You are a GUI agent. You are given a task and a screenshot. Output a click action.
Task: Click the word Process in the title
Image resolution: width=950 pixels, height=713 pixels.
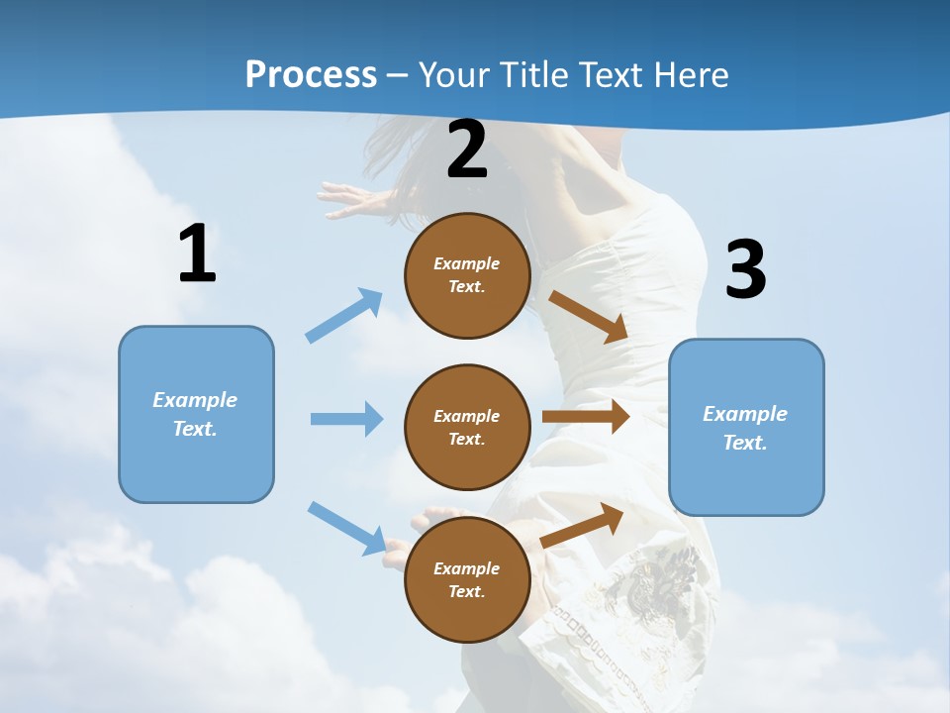tap(311, 75)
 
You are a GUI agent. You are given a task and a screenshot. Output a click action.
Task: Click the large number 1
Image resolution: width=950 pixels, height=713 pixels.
tap(197, 255)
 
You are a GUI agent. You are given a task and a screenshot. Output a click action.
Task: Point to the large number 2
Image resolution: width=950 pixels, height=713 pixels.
tap(467, 151)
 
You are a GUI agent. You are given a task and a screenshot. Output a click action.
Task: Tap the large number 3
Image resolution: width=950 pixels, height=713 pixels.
tap(745, 269)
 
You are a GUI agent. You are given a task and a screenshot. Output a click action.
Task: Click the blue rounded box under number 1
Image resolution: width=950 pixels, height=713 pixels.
tap(196, 414)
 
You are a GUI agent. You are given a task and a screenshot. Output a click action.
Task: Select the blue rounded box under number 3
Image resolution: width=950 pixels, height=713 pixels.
tap(746, 428)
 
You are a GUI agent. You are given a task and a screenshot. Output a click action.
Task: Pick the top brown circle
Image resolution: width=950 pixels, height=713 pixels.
tap(467, 275)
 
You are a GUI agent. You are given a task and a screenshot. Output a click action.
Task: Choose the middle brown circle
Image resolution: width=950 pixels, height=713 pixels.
tap(467, 427)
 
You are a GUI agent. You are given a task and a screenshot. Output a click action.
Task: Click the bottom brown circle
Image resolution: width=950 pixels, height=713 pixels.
tap(467, 579)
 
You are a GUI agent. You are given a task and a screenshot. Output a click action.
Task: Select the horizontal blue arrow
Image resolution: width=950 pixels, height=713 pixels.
tap(346, 419)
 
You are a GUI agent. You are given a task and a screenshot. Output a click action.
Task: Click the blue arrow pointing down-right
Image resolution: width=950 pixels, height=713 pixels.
tap(347, 528)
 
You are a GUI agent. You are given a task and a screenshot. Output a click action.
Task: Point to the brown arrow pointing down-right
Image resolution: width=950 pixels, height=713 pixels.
tap(588, 316)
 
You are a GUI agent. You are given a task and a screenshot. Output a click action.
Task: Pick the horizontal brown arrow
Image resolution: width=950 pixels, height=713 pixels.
tap(586, 417)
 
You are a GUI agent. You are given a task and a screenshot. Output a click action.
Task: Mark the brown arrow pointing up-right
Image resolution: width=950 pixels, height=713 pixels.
tap(583, 525)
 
